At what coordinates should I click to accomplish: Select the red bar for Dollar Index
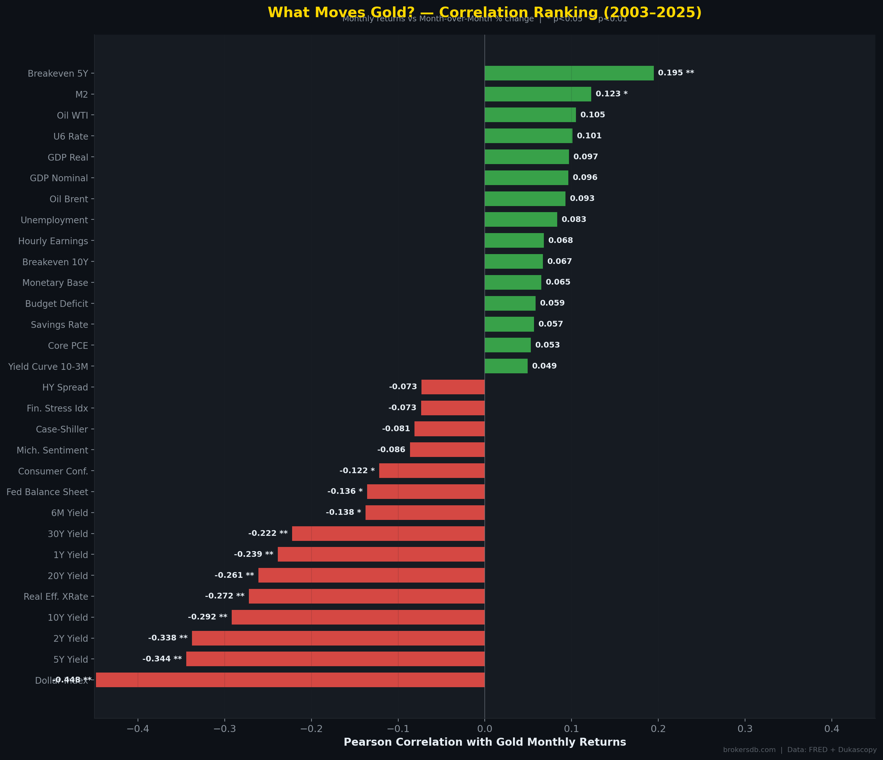coord(290,680)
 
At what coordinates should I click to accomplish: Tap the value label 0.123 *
coord(611,94)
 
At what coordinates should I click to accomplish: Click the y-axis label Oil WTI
coord(72,115)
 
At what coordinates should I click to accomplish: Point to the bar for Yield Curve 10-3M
coord(506,366)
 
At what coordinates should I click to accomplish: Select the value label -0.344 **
coord(162,659)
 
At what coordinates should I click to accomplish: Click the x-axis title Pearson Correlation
coord(484,742)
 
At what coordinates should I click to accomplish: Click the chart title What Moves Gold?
coord(484,12)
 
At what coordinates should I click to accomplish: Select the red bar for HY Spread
coord(453,387)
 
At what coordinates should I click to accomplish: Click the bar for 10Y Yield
coord(358,617)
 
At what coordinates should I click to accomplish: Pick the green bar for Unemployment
coord(520,219)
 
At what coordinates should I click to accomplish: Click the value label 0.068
coord(560,240)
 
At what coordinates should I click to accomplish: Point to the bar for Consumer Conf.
coord(432,471)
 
